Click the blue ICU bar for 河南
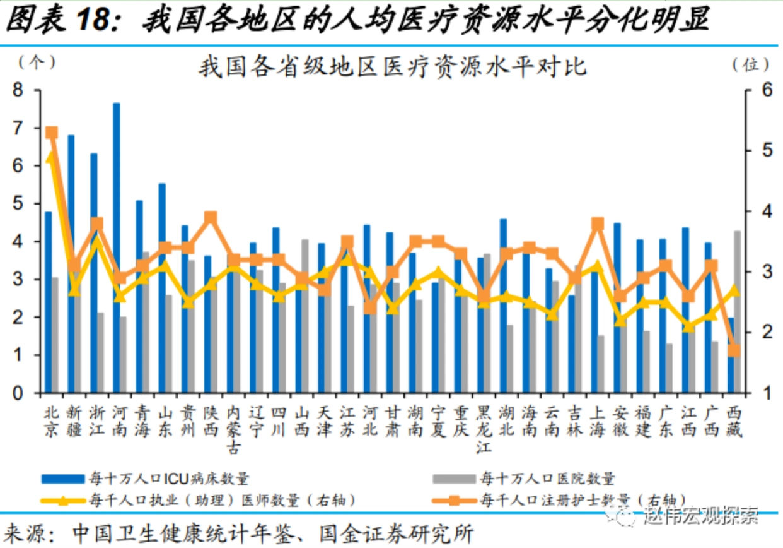(117, 246)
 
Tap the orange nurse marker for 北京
(52, 133)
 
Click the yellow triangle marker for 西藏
(734, 290)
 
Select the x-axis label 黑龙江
(484, 429)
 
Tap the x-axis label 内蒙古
(233, 429)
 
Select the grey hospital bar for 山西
(305, 316)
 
